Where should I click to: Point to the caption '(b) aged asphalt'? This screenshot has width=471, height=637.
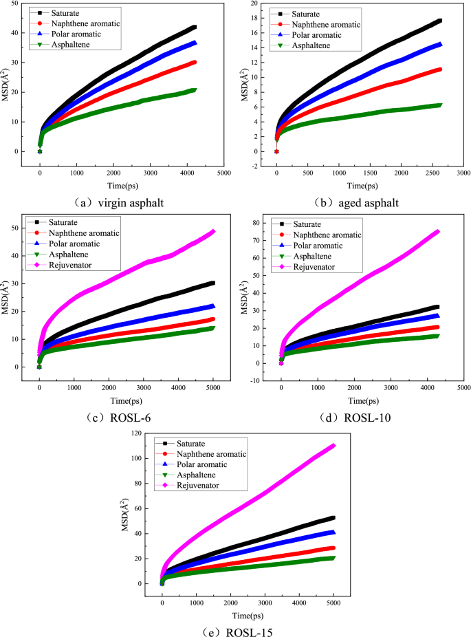(x=356, y=203)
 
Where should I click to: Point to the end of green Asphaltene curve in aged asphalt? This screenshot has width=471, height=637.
(x=439, y=105)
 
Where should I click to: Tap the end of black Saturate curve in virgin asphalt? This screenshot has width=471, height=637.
(x=195, y=28)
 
